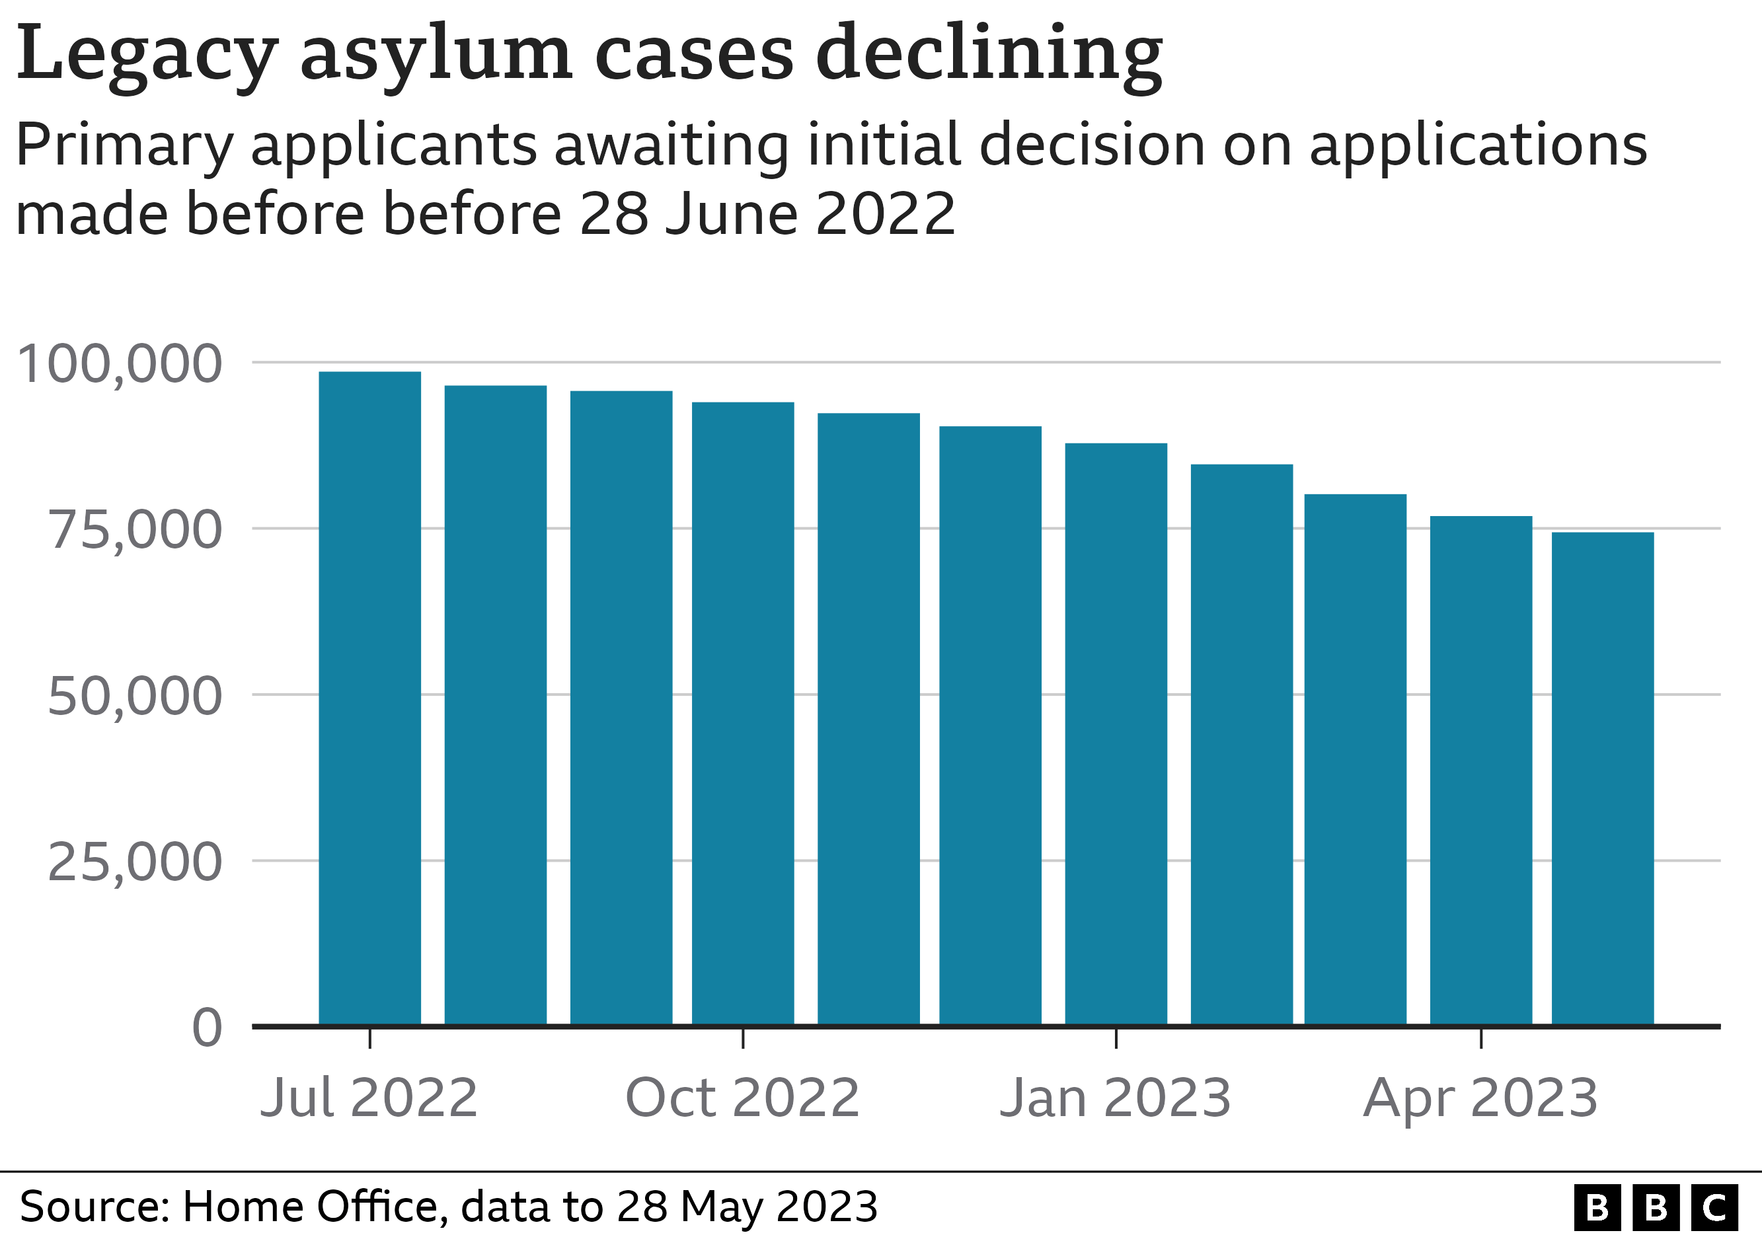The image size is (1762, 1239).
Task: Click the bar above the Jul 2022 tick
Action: pyautogui.click(x=369, y=698)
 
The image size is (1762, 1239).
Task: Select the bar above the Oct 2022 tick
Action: pyautogui.click(x=742, y=714)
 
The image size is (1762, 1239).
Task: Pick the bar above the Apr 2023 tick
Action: pyautogui.click(x=1480, y=770)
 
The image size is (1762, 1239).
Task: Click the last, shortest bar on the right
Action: pyautogui.click(x=1602, y=778)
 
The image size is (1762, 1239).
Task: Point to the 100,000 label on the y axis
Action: pyautogui.click(x=120, y=363)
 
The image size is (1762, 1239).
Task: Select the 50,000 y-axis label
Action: pyautogui.click(x=135, y=696)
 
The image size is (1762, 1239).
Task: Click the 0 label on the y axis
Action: pyautogui.click(x=208, y=1028)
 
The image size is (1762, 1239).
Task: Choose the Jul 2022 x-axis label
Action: pyautogui.click(x=369, y=1098)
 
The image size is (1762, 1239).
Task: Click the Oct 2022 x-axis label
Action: pyautogui.click(x=742, y=1098)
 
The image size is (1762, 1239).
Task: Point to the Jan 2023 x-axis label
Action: pyautogui.click(x=1115, y=1098)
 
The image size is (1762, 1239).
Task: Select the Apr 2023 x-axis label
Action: pyautogui.click(x=1480, y=1098)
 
